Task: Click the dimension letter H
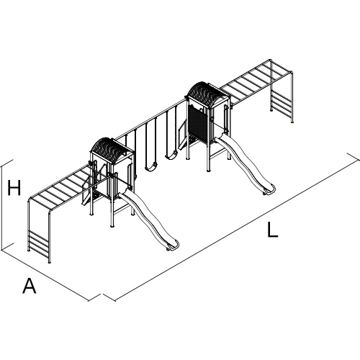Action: (x=14, y=187)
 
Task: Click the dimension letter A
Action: (x=30, y=286)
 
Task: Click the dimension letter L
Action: (x=273, y=230)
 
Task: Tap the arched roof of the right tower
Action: (x=208, y=94)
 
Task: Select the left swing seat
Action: (x=151, y=168)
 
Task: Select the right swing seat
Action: (x=171, y=156)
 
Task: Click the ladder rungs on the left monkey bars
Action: (x=39, y=242)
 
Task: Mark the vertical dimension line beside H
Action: (x=2, y=207)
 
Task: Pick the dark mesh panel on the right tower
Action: (x=198, y=125)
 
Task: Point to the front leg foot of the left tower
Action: (x=112, y=225)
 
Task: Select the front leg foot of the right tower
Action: (x=208, y=170)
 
